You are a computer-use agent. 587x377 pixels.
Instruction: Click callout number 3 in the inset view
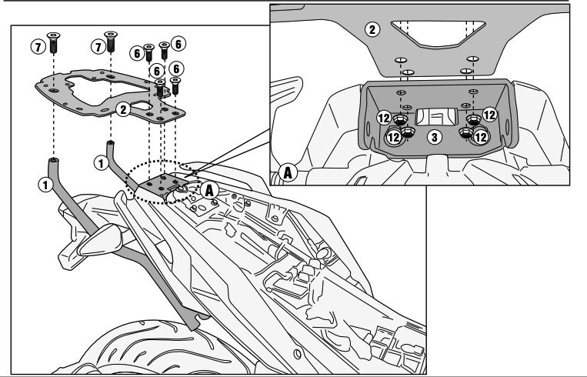[x=434, y=137]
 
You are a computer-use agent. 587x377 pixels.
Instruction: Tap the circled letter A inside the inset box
[x=288, y=172]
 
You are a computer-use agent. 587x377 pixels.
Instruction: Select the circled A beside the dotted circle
[x=209, y=190]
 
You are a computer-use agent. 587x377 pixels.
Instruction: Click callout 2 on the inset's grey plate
[x=372, y=29]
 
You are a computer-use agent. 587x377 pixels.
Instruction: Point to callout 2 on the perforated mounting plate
[x=123, y=110]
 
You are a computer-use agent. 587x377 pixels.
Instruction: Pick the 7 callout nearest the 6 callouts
[x=98, y=47]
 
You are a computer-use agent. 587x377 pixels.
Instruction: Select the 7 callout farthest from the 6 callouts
[x=38, y=47]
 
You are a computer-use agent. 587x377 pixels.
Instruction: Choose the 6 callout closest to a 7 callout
[x=138, y=53]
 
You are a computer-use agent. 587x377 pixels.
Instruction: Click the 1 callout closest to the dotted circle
[x=101, y=163]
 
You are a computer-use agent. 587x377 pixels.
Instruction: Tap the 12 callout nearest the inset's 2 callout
[x=384, y=118]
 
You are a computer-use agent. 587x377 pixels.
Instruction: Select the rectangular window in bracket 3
[x=436, y=116]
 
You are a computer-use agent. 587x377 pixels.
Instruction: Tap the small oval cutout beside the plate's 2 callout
[x=142, y=106]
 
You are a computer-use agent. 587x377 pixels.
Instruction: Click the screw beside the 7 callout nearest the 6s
[x=111, y=42]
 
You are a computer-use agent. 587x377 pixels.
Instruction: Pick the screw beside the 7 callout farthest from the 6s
[x=53, y=42]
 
